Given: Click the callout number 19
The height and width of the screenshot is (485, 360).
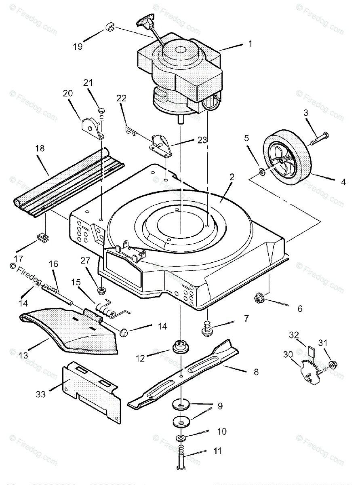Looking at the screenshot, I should [78, 46].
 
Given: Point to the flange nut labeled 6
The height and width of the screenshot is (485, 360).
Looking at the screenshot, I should [258, 299].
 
